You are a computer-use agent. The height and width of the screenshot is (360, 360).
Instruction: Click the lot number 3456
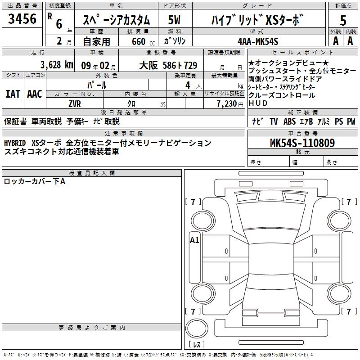[x=22, y=18]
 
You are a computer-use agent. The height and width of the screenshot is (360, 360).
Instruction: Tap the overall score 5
[x=343, y=20]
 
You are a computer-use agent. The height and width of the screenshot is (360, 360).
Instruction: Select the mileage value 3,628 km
[x=57, y=64]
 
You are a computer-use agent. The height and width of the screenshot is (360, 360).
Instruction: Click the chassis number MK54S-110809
[x=302, y=143]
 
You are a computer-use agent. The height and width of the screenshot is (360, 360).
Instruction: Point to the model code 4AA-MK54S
[x=258, y=41]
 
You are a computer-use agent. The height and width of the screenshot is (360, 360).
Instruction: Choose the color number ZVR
[x=75, y=104]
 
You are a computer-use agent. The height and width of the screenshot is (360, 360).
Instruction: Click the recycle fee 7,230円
[x=230, y=104]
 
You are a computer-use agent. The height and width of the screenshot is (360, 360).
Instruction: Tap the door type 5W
[x=174, y=20]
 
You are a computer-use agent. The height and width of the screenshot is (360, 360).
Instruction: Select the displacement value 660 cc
[x=143, y=41]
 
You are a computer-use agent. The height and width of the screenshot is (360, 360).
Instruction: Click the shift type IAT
[x=13, y=94]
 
